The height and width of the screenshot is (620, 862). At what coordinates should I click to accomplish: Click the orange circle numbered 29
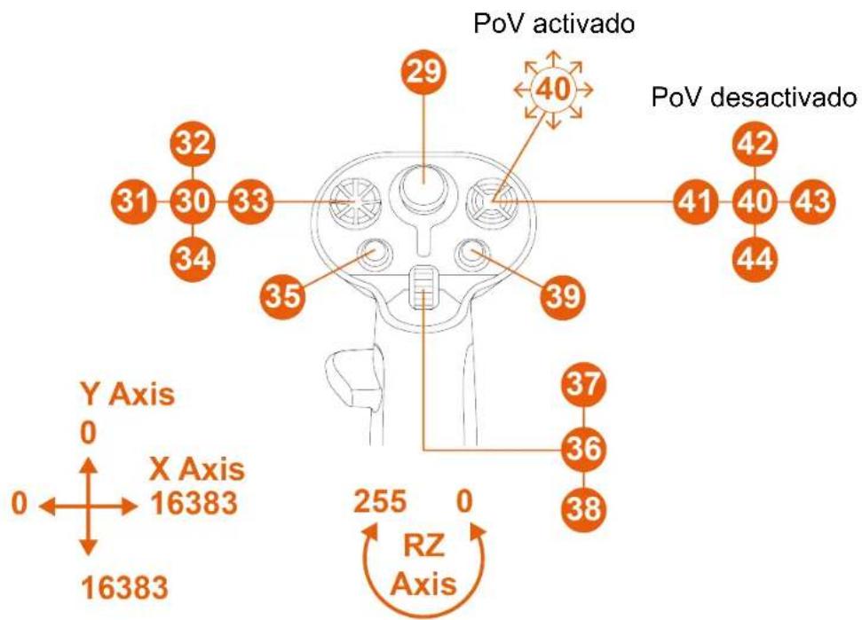(423, 72)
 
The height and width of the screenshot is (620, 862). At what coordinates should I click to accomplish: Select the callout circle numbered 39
(564, 296)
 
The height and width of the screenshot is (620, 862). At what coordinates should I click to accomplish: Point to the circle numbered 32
(193, 144)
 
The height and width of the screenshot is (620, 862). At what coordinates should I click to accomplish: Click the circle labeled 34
(193, 258)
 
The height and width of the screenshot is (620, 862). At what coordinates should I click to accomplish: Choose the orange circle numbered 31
(134, 201)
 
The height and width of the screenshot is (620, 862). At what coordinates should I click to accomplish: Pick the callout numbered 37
(584, 383)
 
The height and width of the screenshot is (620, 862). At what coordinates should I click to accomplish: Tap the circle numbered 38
(584, 508)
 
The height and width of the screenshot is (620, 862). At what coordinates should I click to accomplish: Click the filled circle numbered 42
(755, 144)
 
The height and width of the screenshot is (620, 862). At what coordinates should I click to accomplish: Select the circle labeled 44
(755, 258)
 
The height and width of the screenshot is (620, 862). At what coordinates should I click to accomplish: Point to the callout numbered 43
(812, 201)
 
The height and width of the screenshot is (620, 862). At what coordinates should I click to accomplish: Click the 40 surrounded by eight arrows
(554, 90)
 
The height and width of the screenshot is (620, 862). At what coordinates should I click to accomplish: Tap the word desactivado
(783, 98)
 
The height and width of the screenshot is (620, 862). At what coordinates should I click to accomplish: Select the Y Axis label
(128, 395)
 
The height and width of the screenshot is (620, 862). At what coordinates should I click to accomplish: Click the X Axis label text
(197, 470)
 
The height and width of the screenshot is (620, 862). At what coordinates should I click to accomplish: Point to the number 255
(380, 502)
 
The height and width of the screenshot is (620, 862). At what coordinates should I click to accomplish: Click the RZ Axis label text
(423, 566)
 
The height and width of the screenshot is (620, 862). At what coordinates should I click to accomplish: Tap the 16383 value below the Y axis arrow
(125, 587)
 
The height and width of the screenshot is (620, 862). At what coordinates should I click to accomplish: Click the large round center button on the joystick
(423, 183)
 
